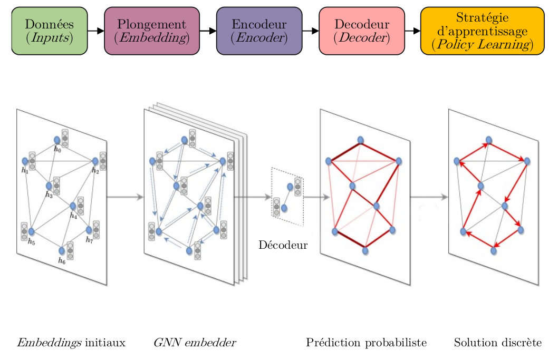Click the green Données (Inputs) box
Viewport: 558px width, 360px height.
click(x=50, y=31)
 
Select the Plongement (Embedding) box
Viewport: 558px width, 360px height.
click(x=152, y=31)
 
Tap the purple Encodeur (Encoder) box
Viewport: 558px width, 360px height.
click(x=259, y=31)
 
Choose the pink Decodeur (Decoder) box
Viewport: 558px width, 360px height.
click(x=362, y=31)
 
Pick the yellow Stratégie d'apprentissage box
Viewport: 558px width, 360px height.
click(x=483, y=31)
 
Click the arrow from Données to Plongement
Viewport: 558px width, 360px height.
click(x=96, y=31)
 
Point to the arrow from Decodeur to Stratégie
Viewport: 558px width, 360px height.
click(x=413, y=31)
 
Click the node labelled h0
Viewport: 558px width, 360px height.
click(x=57, y=140)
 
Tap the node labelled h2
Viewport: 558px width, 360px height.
click(x=95, y=161)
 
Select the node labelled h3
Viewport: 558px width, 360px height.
click(x=49, y=186)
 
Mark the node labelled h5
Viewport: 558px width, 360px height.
click(x=31, y=231)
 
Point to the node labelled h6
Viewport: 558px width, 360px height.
click(x=62, y=251)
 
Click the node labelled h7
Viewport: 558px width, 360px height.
click(x=89, y=230)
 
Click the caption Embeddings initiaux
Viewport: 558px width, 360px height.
click(x=71, y=343)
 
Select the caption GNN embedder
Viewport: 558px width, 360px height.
click(x=195, y=343)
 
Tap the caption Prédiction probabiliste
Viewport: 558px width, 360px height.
click(x=367, y=343)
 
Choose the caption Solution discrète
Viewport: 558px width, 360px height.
click(x=498, y=343)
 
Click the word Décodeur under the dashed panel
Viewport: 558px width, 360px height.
click(x=283, y=245)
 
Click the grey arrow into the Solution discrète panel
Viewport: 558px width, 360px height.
click(x=429, y=197)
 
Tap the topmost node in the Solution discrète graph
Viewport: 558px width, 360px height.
click(x=489, y=140)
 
